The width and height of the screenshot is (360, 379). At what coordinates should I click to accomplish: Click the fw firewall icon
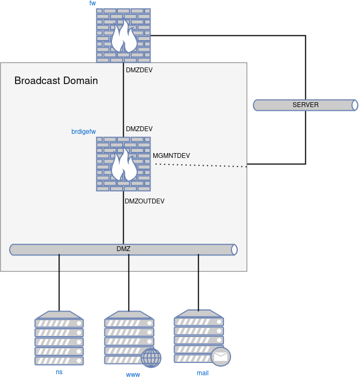tap(123, 35)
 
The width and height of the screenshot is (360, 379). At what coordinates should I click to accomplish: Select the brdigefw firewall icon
tap(123, 164)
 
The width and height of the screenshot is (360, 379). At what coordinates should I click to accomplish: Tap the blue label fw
tap(93, 3)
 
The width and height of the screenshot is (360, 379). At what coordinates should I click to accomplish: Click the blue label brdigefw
tap(84, 132)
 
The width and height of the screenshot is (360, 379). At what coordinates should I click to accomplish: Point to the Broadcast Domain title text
tap(56, 80)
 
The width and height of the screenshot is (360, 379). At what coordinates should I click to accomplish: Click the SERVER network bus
tap(305, 105)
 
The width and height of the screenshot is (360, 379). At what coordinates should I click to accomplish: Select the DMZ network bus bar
tap(123, 249)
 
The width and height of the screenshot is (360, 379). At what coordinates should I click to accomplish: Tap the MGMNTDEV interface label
tap(171, 156)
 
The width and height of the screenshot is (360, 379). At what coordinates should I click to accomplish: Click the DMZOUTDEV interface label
tap(145, 201)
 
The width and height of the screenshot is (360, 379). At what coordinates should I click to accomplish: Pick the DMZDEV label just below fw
tap(139, 70)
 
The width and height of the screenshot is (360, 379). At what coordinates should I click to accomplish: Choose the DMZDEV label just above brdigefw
tap(139, 129)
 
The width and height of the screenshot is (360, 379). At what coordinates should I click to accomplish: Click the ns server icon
tap(59, 338)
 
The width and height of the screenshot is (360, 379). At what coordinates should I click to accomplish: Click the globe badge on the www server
tap(151, 358)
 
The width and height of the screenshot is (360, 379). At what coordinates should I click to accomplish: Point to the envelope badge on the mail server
tap(221, 357)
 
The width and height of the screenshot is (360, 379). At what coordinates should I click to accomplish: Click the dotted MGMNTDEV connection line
tap(201, 165)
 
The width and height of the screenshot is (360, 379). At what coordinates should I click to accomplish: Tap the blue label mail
tap(202, 373)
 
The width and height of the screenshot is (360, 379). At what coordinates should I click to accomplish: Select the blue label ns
tap(59, 372)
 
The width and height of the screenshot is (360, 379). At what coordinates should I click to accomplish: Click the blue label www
tap(133, 375)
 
